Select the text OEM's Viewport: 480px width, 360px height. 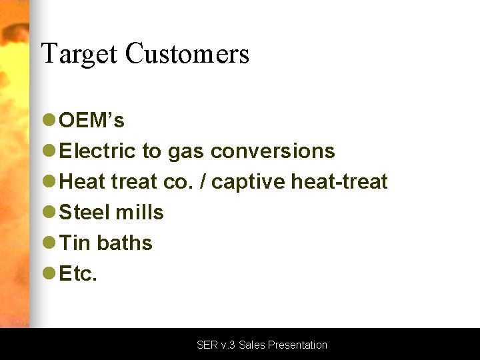click(x=91, y=121)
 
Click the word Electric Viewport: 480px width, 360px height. click(x=98, y=151)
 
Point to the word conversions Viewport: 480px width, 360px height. click(x=273, y=151)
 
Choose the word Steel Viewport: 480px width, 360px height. click(x=85, y=213)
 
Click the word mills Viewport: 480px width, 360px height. click(x=139, y=213)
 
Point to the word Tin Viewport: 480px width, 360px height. click(x=75, y=243)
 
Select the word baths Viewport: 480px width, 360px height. click(x=125, y=243)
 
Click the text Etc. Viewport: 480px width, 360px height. click(x=78, y=274)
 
